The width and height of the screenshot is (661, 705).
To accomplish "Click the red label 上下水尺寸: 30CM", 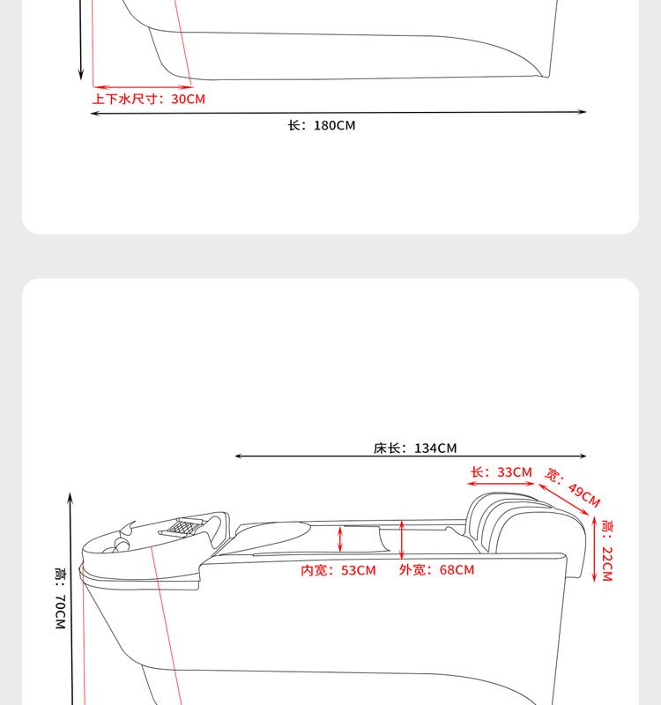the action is tap(148, 99).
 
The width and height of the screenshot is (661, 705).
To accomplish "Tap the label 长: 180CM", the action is tap(322, 125).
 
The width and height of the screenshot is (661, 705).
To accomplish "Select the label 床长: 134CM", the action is tap(415, 449).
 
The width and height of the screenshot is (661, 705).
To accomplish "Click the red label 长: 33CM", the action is tap(501, 472).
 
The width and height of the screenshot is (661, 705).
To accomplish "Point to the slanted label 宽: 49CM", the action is tap(573, 487).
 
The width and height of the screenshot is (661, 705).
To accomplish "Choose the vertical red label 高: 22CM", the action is tap(607, 551).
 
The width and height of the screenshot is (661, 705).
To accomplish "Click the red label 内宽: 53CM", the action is tap(338, 570).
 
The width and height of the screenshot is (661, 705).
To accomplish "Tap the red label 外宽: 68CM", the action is tap(436, 569).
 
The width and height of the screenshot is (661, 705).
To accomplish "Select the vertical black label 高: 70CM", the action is tap(61, 598).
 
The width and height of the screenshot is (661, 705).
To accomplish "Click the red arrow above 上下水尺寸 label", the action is tap(143, 86).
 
